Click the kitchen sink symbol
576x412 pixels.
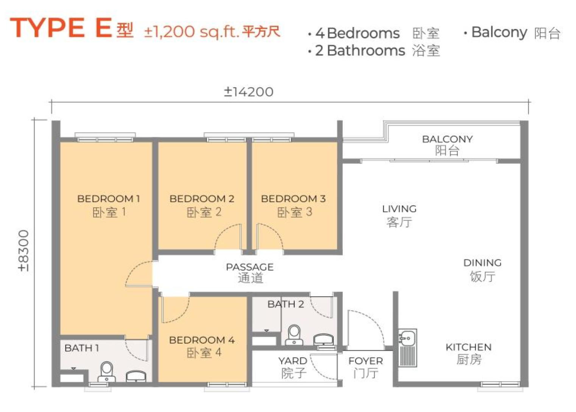pyautogui.click(x=408, y=347)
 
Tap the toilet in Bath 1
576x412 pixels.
pyautogui.click(x=106, y=371)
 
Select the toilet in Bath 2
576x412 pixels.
pyautogui.click(x=294, y=334)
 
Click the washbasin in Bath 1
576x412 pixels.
pyautogui.click(x=136, y=376)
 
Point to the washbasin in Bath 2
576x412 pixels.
pyautogui.click(x=324, y=339)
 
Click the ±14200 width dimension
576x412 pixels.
pyautogui.click(x=249, y=92)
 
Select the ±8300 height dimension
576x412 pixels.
pyautogui.click(x=23, y=250)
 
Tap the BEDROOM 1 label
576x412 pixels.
pyautogui.click(x=109, y=199)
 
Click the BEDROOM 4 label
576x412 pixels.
pyautogui.click(x=202, y=340)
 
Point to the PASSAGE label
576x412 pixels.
pyautogui.click(x=250, y=267)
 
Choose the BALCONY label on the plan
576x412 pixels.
pyautogui.click(x=447, y=139)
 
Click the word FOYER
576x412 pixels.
pyautogui.click(x=366, y=361)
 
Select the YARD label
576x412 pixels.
pyautogui.click(x=293, y=361)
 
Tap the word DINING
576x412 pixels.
pyautogui.click(x=483, y=263)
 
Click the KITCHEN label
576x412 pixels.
pyautogui.click(x=469, y=347)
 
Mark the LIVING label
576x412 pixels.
pyautogui.click(x=399, y=209)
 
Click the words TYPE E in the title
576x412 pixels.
pyautogui.click(x=61, y=28)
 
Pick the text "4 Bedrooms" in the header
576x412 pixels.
pyautogui.click(x=358, y=33)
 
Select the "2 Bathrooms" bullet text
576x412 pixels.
pyautogui.click(x=360, y=50)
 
